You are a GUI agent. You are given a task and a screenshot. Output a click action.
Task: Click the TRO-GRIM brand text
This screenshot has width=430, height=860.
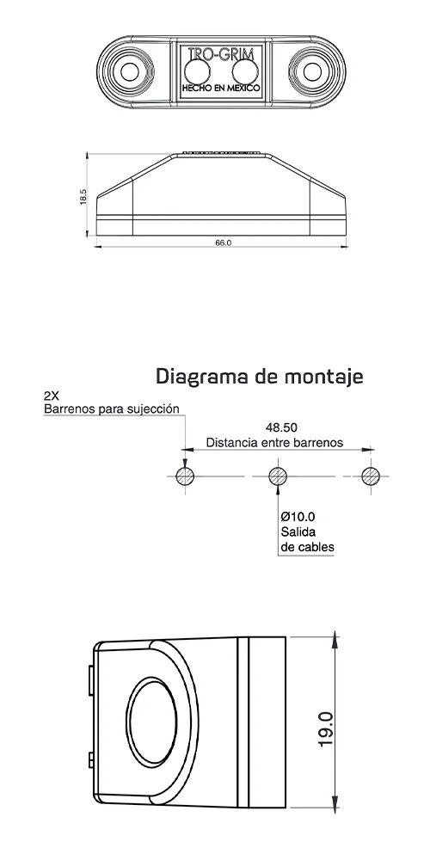[219, 54]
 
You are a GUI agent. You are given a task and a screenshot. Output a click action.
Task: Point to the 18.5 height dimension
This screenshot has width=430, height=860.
[83, 197]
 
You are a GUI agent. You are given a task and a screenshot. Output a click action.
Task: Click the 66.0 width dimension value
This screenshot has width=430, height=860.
[223, 243]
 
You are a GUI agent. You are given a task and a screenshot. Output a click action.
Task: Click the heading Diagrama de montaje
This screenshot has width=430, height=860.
[260, 376]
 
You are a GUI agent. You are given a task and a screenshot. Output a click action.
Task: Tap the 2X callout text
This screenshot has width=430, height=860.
[52, 397]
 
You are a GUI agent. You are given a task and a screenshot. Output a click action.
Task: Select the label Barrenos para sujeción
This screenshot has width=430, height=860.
[113, 409]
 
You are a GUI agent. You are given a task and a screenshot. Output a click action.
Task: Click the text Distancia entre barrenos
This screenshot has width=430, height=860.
[274, 442]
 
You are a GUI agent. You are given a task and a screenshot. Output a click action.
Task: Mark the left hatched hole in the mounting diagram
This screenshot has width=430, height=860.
[183, 476]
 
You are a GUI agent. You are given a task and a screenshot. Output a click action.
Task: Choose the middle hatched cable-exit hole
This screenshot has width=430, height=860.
[277, 476]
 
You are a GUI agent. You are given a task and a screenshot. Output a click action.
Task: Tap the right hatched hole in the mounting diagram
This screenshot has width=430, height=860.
[371, 476]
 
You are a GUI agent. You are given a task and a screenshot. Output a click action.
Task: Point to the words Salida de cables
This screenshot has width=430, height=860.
[307, 539]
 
